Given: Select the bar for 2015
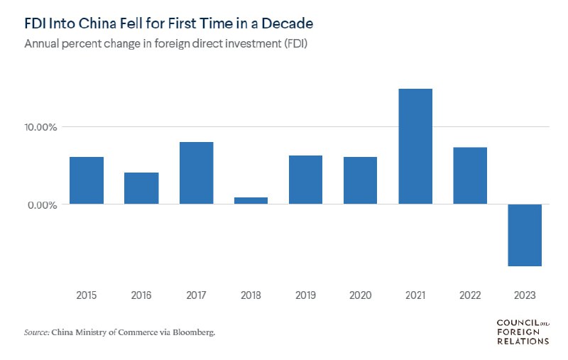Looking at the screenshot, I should pyautogui.click(x=87, y=180).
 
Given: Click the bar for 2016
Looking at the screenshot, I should pyautogui.click(x=141, y=188).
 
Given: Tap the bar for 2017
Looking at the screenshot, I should pyautogui.click(x=196, y=173).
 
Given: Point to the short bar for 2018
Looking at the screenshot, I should pyautogui.click(x=251, y=200).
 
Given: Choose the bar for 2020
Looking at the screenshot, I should pyautogui.click(x=360, y=180).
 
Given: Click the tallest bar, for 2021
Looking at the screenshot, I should pyautogui.click(x=415, y=146).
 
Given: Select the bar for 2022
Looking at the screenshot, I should pyautogui.click(x=470, y=175).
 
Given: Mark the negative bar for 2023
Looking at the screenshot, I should pyautogui.click(x=525, y=235).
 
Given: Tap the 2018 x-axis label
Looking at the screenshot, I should pyautogui.click(x=251, y=295).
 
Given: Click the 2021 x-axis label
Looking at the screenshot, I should pyautogui.click(x=415, y=295).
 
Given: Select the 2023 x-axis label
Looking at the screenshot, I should pyautogui.click(x=525, y=295).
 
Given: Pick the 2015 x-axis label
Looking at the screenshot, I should pyautogui.click(x=87, y=295).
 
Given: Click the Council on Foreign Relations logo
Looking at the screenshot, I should pyautogui.click(x=522, y=332).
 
